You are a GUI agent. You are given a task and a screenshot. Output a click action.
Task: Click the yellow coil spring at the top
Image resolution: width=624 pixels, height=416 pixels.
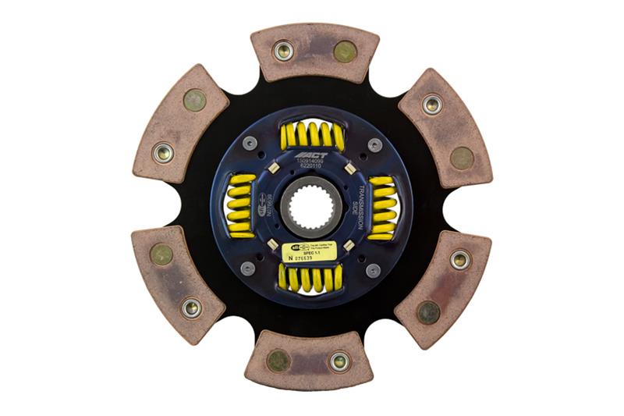coord(312,136)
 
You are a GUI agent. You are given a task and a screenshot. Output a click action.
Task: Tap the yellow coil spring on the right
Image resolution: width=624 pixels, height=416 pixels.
coord(382,207)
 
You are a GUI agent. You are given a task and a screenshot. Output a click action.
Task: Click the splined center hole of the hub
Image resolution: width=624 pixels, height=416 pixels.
coord(311,208)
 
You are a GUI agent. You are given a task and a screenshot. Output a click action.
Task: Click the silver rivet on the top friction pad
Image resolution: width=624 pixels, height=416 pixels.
coord(283,51)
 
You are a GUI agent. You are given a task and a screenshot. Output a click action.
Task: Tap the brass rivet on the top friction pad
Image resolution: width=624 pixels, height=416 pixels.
coord(344,52)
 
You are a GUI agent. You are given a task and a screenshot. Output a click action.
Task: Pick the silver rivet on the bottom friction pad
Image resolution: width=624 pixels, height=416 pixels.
coord(339,361)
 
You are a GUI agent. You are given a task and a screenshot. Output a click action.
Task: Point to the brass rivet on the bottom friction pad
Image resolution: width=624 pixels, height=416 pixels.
coord(278,361)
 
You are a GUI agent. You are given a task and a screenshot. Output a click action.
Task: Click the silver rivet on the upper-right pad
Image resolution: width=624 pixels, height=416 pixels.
coord(432,104)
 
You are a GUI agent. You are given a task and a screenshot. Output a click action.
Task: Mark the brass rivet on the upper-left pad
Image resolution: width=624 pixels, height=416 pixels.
coord(194,100)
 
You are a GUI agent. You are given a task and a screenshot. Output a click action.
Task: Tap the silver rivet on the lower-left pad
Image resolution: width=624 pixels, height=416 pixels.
coord(191,308)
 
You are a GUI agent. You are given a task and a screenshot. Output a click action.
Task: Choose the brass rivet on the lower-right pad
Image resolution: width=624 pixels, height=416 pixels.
coord(428,312)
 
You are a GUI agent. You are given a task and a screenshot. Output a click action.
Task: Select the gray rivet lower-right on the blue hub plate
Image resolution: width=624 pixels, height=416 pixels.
coord(373,269)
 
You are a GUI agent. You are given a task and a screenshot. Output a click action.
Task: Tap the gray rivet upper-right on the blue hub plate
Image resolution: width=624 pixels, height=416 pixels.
coord(374,145)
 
